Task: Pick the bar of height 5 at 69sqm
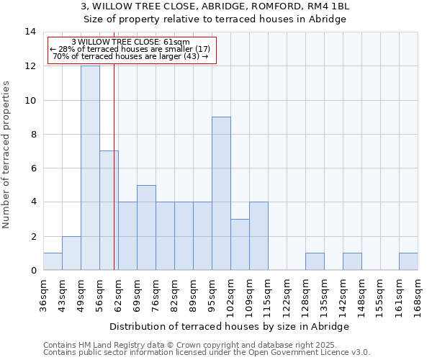146,228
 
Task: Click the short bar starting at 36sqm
53,261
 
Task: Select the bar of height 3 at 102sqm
240,245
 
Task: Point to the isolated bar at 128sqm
315,261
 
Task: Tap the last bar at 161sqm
408,261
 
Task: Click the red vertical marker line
114,180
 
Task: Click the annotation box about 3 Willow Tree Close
131,49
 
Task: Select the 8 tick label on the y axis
33,135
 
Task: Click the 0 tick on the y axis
33,271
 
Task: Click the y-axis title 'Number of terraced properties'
6,155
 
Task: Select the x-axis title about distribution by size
230,326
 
